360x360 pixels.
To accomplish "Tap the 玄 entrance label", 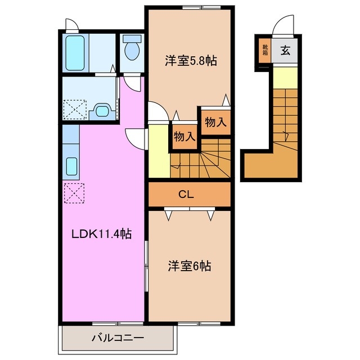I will click(285, 51).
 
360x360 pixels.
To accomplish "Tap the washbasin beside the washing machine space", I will click(101, 110).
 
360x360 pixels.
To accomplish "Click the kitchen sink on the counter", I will click(72, 166).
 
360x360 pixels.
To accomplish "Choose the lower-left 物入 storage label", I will click(184, 136).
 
